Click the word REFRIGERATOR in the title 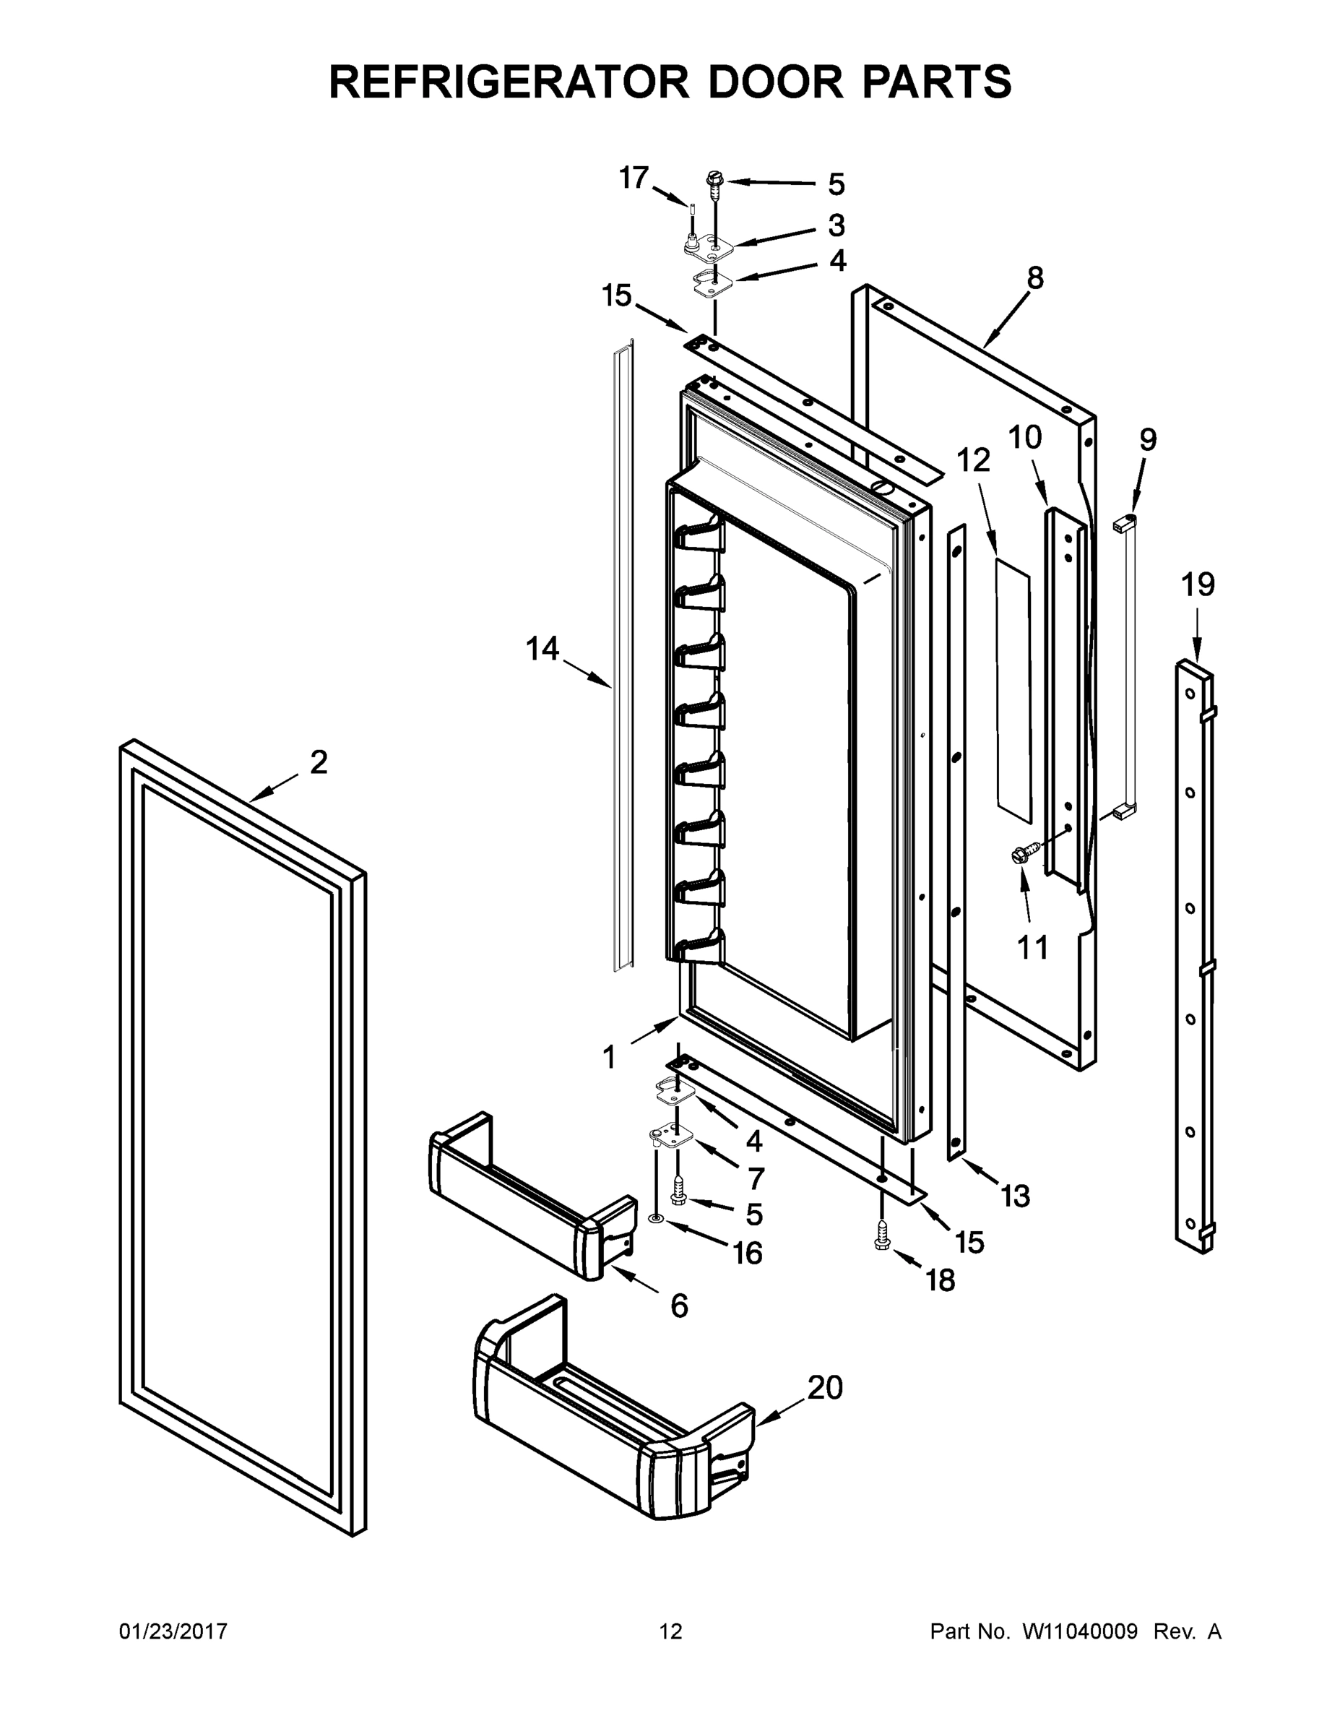coord(509,82)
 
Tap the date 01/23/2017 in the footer coord(173,1631)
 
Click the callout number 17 coord(634,178)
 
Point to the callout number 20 coord(825,1388)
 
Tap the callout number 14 coord(543,650)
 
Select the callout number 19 coord(1197,585)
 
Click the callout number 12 coord(973,460)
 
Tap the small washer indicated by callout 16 coord(657,1218)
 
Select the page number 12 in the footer coord(671,1631)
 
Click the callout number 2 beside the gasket coord(319,762)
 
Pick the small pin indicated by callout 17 coord(692,210)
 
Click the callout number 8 coord(1034,279)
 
